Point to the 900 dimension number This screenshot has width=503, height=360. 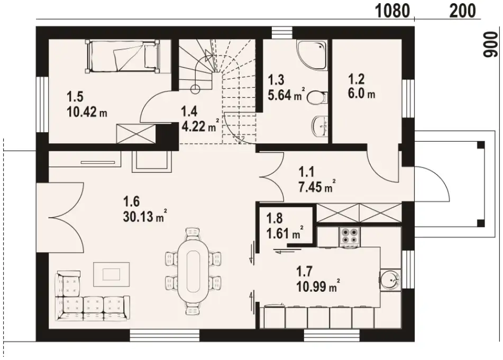coord(490,44)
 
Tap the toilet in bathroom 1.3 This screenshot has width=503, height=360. coord(317,97)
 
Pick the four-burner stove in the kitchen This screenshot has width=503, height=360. coord(350,237)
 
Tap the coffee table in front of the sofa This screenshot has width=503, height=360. coord(111,274)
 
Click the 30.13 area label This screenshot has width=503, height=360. coord(136,217)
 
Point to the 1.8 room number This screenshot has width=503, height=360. coord(275,218)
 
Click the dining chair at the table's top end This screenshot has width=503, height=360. coord(193,233)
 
